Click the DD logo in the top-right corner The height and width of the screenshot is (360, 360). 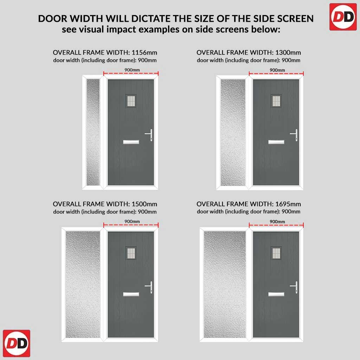point(343,17)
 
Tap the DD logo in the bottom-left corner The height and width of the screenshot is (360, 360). point(17,343)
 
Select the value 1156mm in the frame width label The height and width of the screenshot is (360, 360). point(144,53)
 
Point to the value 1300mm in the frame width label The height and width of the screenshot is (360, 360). point(288,53)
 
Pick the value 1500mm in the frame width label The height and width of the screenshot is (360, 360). point(144,204)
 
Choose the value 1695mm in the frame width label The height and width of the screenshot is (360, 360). point(288,204)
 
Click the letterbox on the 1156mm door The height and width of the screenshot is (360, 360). point(131,142)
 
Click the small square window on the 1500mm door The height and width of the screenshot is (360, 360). point(131,253)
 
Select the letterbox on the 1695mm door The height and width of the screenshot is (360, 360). point(276,294)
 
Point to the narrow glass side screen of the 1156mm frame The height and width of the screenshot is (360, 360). point(93,132)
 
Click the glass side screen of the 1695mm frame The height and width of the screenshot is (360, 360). point(225,284)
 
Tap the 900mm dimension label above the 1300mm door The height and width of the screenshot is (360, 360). point(277,70)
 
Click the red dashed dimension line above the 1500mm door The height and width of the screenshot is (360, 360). point(131,225)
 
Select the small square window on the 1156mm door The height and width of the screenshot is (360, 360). point(131,101)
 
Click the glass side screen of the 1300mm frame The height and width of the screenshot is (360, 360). point(233,132)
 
